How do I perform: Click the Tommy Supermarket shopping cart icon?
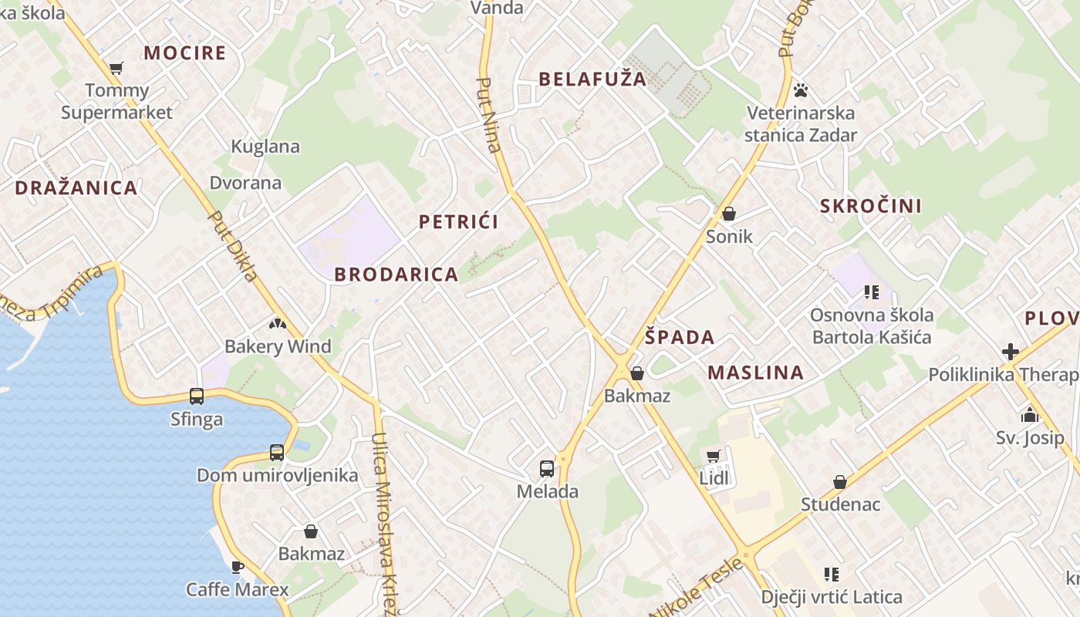tap(116, 69)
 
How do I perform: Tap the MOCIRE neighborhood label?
tap(185, 53)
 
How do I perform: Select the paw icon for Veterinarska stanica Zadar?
tap(801, 90)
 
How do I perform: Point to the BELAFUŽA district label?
tap(592, 79)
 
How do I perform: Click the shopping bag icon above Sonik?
tap(729, 214)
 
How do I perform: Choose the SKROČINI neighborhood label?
tap(871, 206)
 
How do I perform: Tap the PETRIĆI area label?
tap(458, 222)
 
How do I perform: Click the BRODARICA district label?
tap(397, 275)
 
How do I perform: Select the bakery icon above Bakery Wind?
tap(277, 324)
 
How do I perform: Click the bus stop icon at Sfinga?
tap(197, 396)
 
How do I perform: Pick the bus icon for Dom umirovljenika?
tap(277, 453)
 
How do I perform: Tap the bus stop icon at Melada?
tap(547, 468)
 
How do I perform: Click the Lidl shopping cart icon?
tap(714, 456)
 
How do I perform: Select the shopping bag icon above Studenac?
tap(839, 482)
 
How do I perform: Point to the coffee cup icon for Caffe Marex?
tap(238, 567)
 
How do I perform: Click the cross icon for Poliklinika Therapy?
tap(1011, 352)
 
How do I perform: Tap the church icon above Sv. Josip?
tap(1030, 415)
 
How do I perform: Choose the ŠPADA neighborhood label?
tap(680, 337)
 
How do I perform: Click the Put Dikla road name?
tap(233, 246)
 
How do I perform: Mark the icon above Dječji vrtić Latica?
tap(831, 574)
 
